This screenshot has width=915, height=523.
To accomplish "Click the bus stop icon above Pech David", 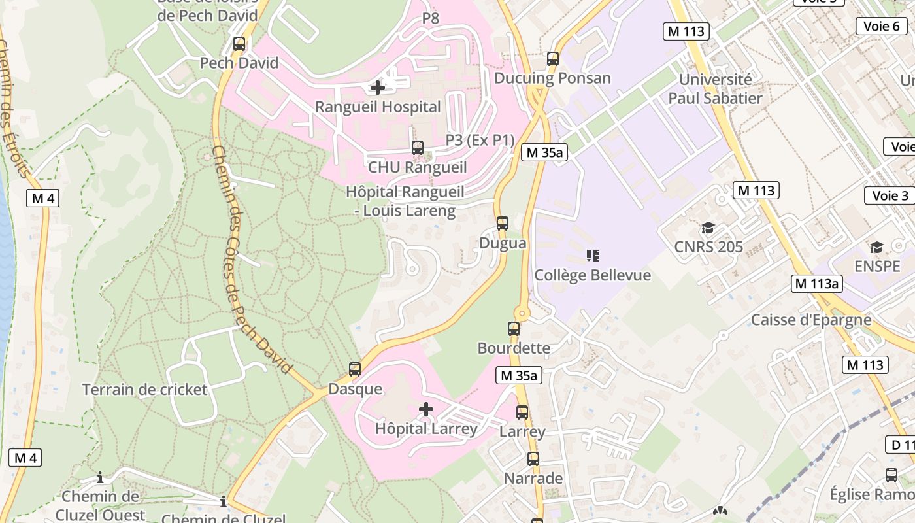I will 239,44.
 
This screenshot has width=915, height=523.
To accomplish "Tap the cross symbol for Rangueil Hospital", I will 377,87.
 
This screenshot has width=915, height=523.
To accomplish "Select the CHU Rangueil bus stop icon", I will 417,148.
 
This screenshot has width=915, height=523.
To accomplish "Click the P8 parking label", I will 431,18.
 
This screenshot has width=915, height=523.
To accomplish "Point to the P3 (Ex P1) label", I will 480,140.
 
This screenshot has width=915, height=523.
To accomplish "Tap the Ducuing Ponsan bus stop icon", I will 553,59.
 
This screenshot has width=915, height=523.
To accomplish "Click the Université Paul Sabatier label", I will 715,89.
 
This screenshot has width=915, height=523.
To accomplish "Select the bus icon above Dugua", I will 502,224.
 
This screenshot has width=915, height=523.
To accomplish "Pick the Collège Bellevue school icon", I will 592,256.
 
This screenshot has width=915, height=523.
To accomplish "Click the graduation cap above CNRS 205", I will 708,228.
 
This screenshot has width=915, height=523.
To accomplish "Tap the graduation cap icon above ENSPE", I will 876,247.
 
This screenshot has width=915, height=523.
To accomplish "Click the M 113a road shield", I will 817,284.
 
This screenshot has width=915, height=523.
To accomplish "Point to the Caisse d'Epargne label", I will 810,320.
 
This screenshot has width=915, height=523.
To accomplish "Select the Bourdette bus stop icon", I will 514,329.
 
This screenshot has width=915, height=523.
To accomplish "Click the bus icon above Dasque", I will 355,369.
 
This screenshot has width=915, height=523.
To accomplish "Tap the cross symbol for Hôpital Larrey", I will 426,410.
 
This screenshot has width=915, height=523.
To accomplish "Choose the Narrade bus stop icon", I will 533,459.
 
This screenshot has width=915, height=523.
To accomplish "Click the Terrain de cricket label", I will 144,390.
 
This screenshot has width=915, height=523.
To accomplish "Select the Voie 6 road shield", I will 881,26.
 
